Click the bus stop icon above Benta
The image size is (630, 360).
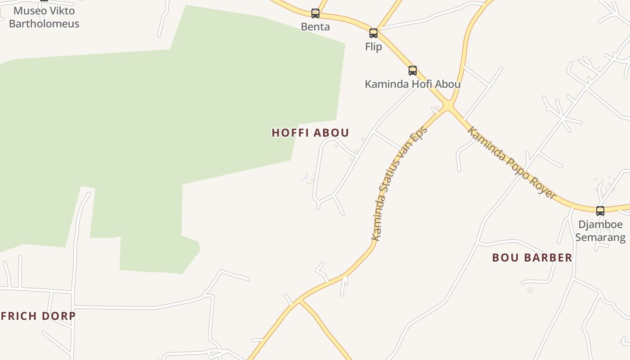click(x=315, y=13)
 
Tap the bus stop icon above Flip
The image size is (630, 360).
click(x=373, y=33)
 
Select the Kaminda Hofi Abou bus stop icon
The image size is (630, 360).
click(x=413, y=70)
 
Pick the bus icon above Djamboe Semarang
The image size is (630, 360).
click(x=600, y=211)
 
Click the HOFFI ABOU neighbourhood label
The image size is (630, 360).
click(x=310, y=133)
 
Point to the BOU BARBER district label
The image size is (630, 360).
click(x=532, y=258)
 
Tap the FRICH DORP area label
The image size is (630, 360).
click(x=38, y=316)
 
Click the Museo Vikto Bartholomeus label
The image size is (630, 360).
click(x=44, y=17)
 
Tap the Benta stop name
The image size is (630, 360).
click(x=315, y=27)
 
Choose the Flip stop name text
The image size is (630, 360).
click(x=373, y=47)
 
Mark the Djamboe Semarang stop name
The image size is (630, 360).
click(x=600, y=231)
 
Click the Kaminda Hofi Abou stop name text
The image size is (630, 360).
click(x=413, y=84)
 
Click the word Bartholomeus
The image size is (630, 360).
click(x=44, y=24)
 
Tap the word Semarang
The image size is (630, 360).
click(x=600, y=237)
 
